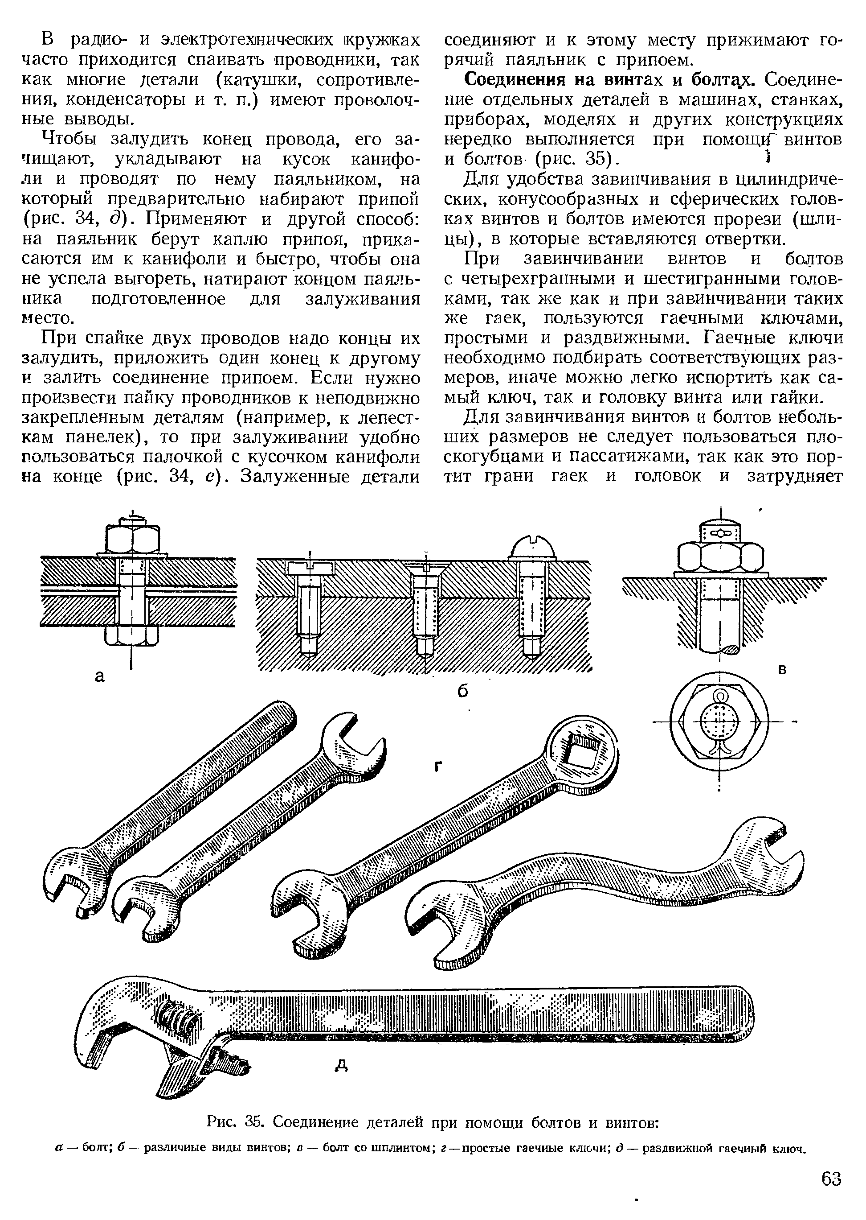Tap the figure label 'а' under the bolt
coord(100,677)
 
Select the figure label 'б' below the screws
coord(463,691)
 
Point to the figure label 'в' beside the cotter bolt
coord(783,670)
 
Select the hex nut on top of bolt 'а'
coord(132,539)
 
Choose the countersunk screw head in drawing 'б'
coord(427,568)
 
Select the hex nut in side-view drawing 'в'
coord(720,558)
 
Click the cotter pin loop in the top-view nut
coord(720,697)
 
